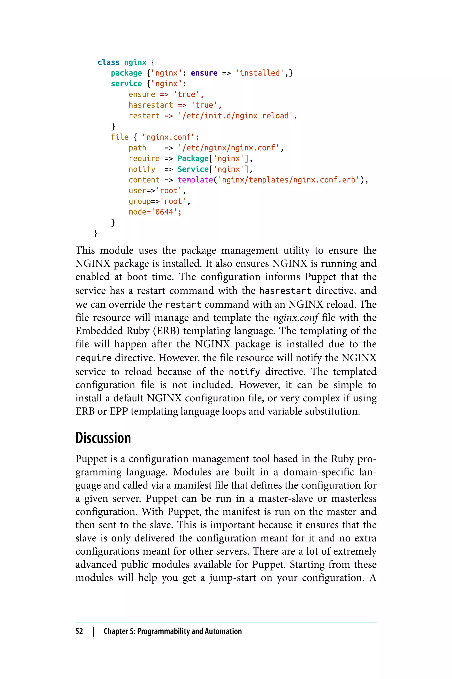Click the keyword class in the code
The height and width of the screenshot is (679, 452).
click(108, 62)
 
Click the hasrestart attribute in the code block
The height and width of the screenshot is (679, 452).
click(151, 105)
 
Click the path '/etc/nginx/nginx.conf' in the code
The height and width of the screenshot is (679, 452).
click(229, 148)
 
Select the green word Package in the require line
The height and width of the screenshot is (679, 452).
click(193, 158)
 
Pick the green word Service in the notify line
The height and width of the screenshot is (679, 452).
click(193, 169)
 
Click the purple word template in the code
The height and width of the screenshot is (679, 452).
click(195, 180)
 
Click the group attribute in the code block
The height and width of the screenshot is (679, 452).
click(140, 201)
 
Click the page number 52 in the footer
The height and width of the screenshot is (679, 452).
click(79, 631)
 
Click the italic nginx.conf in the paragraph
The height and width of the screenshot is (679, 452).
click(296, 318)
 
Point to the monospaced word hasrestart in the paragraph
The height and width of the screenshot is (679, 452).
click(285, 291)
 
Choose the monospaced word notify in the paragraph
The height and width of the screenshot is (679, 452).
click(244, 372)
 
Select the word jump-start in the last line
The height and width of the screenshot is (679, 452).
click(233, 578)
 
